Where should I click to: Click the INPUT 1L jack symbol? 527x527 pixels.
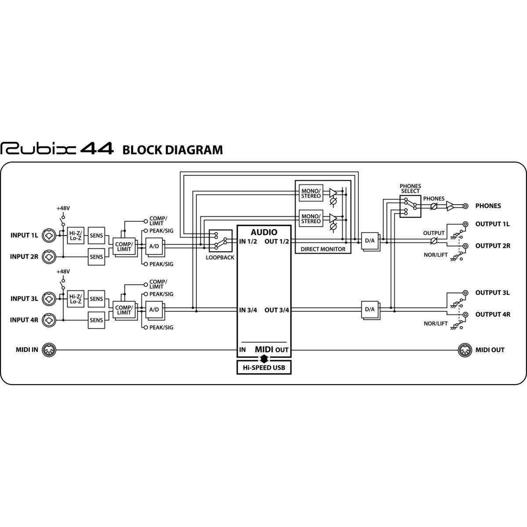click(x=49, y=235)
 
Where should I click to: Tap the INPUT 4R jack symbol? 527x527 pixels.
click(x=49, y=320)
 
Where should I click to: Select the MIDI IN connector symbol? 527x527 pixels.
click(x=49, y=350)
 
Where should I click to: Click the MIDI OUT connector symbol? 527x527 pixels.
click(x=465, y=350)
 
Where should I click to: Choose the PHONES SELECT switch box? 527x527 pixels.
click(x=410, y=206)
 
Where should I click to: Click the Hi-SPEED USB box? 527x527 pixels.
click(x=263, y=367)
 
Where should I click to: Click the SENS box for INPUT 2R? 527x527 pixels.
click(x=96, y=257)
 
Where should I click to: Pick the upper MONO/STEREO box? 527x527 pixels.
click(x=311, y=193)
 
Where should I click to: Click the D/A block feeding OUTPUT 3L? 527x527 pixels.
click(x=370, y=310)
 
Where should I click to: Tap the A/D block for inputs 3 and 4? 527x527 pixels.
click(x=154, y=310)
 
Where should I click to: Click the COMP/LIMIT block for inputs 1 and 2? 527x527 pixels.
click(x=124, y=246)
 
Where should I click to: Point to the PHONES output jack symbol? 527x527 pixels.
click(x=465, y=206)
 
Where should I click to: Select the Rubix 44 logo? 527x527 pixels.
click(x=57, y=149)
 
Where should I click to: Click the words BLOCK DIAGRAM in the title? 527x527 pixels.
click(x=173, y=150)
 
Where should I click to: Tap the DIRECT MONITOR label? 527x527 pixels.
click(x=323, y=249)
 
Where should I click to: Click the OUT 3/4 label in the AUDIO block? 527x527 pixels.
click(x=277, y=310)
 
